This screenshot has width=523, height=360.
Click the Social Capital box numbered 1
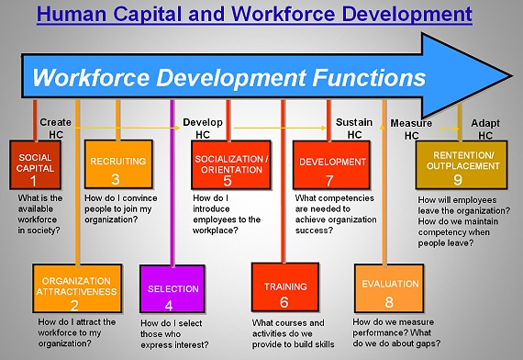[36, 165]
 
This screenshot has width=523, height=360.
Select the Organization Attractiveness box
[77, 288]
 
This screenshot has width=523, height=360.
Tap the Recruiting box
[118, 164]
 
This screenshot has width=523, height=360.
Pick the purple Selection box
[172, 289]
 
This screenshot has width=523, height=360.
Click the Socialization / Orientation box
[231, 165]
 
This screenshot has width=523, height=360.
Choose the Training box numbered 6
[285, 287]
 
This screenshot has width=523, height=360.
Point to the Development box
[331, 165]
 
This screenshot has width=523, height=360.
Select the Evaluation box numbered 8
[389, 288]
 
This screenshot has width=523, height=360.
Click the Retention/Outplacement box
[462, 165]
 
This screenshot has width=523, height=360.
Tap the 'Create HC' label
[55, 129]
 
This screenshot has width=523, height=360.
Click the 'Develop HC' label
[203, 129]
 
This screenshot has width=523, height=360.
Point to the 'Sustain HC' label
[354, 129]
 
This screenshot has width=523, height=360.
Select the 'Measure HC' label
[411, 129]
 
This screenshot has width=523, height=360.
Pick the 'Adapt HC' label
[485, 129]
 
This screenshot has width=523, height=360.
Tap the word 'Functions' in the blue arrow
[369, 77]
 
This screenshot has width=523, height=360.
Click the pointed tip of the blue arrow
[512, 76]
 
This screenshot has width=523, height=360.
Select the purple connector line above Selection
[172, 183]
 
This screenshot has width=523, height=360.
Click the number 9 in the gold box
[458, 180]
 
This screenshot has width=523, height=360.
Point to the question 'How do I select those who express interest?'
[174, 334]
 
